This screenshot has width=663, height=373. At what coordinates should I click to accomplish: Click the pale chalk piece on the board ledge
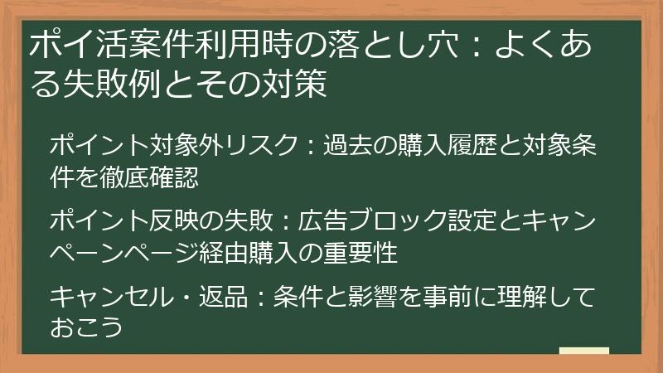coord(583,351)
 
